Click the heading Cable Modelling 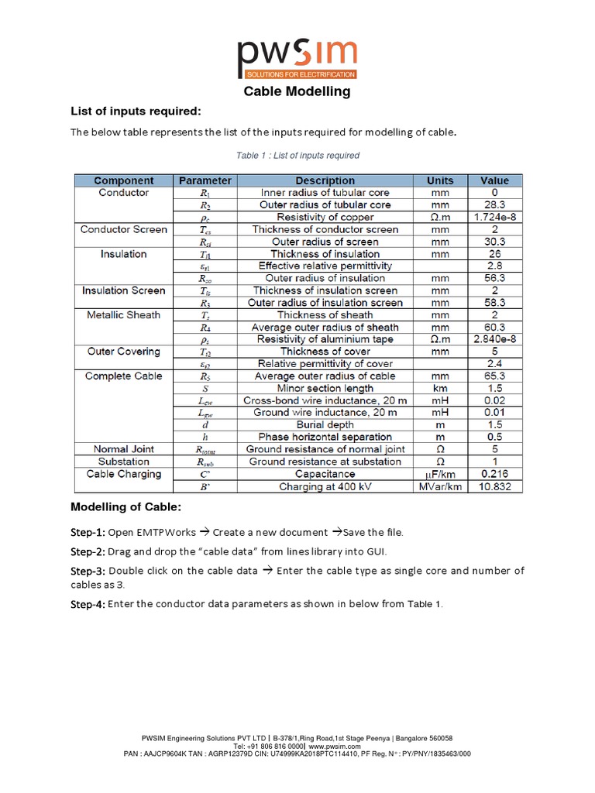(297, 91)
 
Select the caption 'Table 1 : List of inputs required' (297, 156)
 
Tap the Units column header (440, 180)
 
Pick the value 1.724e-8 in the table (494, 218)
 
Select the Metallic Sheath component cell (123, 315)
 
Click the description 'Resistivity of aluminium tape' (325, 339)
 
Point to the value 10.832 (494, 486)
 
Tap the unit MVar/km (440, 486)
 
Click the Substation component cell (123, 462)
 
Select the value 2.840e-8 (494, 339)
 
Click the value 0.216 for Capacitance (494, 474)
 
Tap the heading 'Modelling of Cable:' (126, 507)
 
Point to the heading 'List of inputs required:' (136, 112)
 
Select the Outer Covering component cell (123, 352)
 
